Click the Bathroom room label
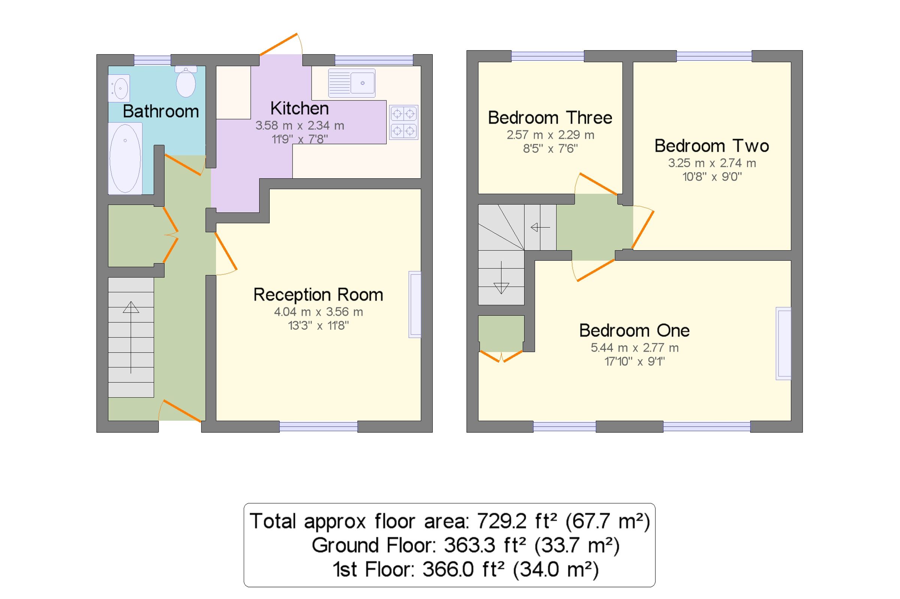click(160, 111)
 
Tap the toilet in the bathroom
click(186, 82)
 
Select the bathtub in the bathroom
click(125, 158)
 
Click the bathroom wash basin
click(119, 88)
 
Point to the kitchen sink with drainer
click(351, 83)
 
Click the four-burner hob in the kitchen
click(404, 122)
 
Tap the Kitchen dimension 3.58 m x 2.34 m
click(300, 125)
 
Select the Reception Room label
click(318, 294)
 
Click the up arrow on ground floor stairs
click(131, 308)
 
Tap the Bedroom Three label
click(550, 118)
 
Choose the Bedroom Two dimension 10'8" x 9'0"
click(712, 176)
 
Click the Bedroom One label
click(634, 330)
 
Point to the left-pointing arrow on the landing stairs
click(540, 228)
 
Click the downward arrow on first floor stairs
click(501, 287)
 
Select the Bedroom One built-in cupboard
click(501, 333)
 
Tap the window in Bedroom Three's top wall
click(547, 56)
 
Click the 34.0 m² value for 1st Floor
click(555, 569)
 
